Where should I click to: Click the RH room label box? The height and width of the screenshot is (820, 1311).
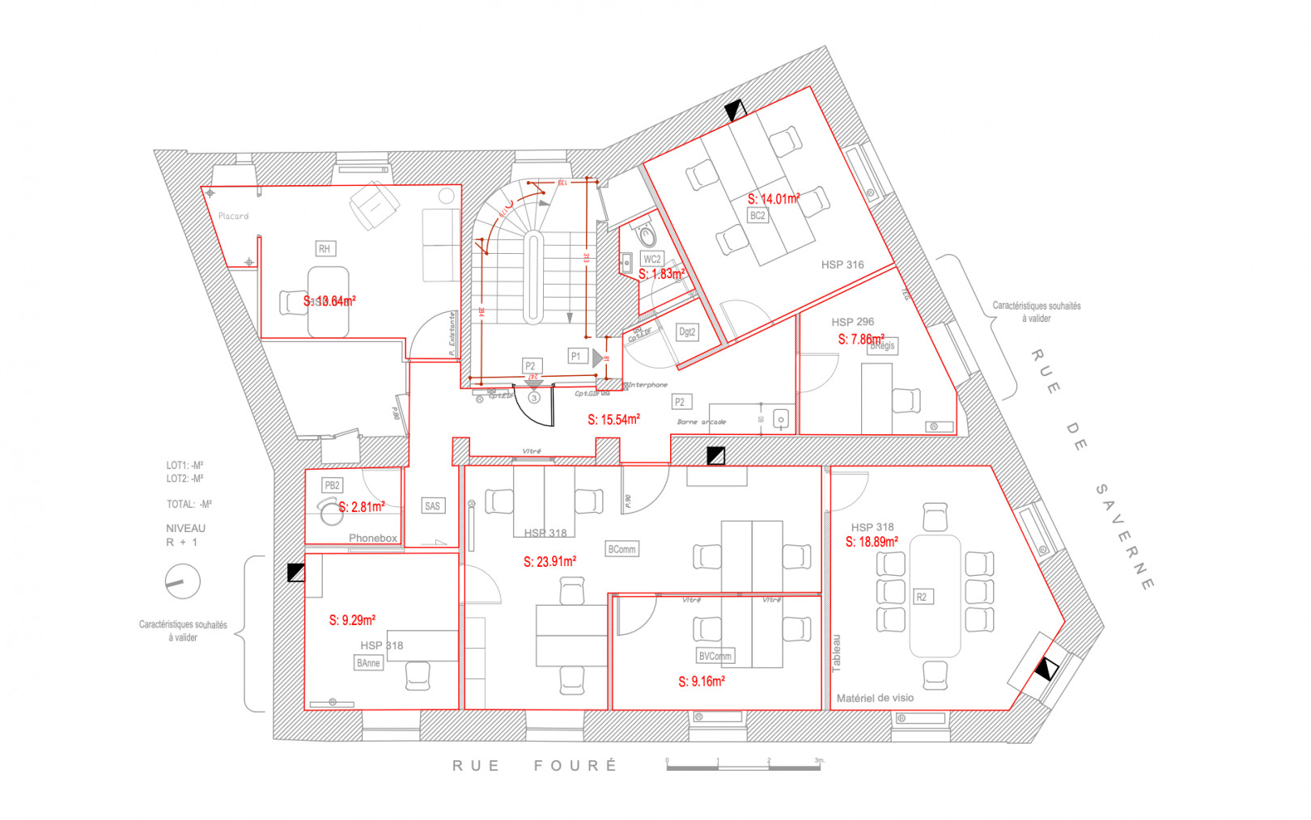(325, 248)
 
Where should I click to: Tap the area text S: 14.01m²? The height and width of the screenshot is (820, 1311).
(774, 198)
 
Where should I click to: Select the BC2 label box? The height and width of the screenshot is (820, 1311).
(757, 215)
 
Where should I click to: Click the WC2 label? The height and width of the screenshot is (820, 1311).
(652, 259)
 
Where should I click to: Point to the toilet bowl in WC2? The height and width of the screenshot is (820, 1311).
(647, 236)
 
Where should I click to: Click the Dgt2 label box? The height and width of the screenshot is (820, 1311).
(687, 332)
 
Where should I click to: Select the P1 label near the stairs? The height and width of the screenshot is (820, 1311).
(576, 356)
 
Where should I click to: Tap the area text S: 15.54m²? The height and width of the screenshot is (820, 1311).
(613, 419)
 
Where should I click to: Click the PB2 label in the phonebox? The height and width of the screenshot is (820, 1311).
(332, 485)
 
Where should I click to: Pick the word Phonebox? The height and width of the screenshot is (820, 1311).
(373, 538)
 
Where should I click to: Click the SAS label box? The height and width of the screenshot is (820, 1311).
(433, 506)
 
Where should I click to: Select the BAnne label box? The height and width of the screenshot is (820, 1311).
(369, 663)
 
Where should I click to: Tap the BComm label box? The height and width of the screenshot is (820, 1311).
(622, 549)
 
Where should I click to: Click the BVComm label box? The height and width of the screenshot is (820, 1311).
(715, 656)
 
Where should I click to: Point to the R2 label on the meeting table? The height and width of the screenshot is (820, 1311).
(921, 597)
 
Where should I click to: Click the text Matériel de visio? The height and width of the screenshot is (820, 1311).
(875, 698)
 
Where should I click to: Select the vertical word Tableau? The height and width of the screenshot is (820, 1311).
(837, 653)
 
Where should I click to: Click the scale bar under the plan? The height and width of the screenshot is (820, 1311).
(743, 767)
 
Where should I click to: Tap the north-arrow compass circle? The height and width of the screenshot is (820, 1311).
(183, 581)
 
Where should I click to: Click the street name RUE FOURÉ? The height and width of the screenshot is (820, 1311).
(535, 765)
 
